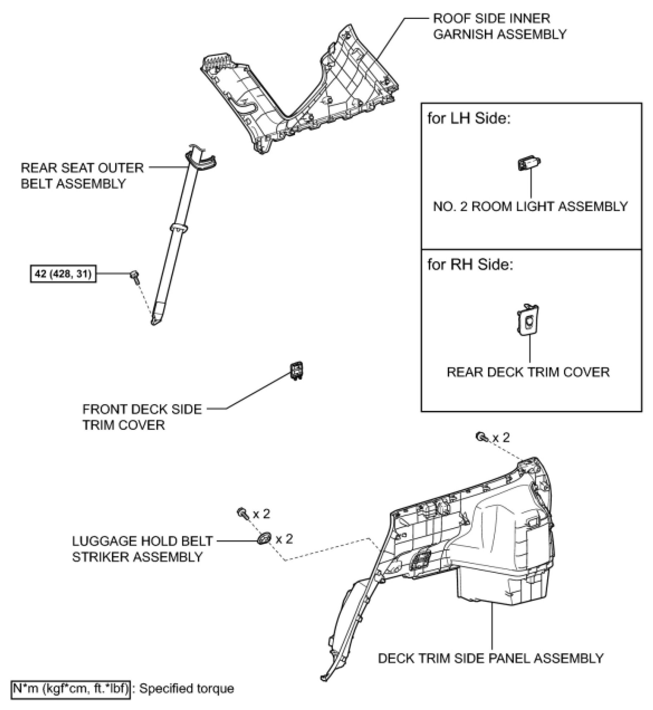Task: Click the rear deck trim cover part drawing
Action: (527, 320)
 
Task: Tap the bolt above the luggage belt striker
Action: (242, 514)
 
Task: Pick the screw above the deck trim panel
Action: (482, 436)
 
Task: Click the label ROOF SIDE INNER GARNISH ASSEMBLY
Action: (499, 26)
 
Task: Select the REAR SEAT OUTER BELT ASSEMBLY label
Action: (82, 175)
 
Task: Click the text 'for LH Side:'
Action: (469, 118)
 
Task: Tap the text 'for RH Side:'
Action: (470, 265)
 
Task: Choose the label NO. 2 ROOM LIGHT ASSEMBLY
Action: (530, 207)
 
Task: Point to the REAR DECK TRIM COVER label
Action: (528, 372)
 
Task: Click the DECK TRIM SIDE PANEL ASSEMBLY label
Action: (490, 658)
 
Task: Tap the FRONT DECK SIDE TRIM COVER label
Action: (142, 417)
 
